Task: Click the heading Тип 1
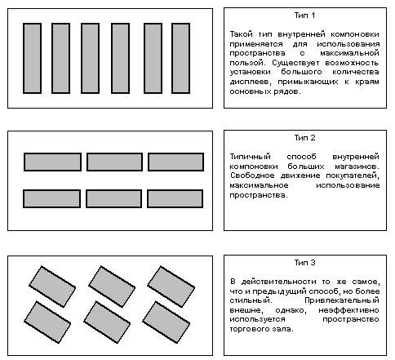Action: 304,16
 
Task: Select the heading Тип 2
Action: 304,138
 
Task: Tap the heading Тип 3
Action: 304,263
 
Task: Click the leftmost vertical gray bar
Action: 33,58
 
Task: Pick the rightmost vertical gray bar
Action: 181,58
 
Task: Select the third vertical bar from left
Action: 90,58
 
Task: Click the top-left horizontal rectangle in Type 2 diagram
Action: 52,162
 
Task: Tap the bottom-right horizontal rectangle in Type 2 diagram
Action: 175,198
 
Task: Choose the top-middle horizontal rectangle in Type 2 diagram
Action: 114,162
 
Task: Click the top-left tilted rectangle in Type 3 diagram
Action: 52,287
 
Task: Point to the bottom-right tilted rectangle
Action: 166,322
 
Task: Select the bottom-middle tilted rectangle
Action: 107,322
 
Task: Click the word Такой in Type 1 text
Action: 242,34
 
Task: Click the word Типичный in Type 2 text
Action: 251,157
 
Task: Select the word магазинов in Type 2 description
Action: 357,167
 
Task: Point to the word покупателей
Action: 353,176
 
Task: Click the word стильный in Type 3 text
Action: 251,300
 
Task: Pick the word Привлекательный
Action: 342,300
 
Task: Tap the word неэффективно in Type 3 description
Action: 348,310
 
